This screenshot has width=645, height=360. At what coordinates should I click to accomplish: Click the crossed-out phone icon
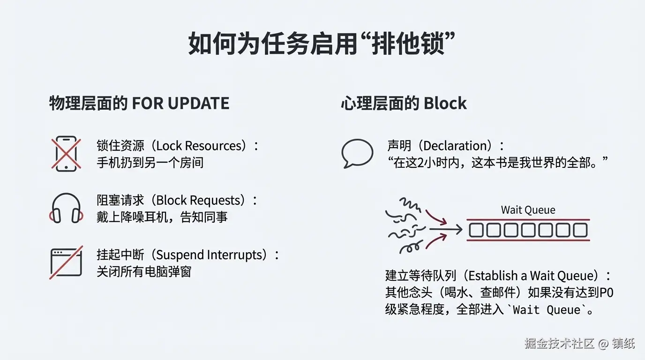pyautogui.click(x=66, y=153)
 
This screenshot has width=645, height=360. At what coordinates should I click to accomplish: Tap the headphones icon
pyautogui.click(x=66, y=208)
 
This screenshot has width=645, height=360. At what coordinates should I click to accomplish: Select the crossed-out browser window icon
pyautogui.click(x=66, y=262)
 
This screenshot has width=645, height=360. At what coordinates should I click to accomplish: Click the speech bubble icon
pyautogui.click(x=357, y=153)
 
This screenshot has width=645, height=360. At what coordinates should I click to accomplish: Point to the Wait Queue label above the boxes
pyautogui.click(x=528, y=210)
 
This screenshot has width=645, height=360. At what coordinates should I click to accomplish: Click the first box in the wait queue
pyautogui.click(x=477, y=230)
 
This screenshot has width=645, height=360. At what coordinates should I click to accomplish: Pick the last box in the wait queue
pyautogui.click(x=580, y=230)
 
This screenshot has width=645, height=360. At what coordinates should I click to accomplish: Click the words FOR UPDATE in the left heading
pyautogui.click(x=180, y=103)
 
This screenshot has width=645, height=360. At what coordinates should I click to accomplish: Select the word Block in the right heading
pyautogui.click(x=445, y=103)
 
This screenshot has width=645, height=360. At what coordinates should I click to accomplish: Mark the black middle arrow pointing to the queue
pyautogui.click(x=445, y=230)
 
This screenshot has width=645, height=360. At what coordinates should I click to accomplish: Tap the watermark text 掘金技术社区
pyautogui.click(x=559, y=343)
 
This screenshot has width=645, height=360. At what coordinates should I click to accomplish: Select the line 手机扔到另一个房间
pyautogui.click(x=150, y=162)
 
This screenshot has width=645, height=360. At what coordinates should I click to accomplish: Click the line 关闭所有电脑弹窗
pyautogui.click(x=144, y=271)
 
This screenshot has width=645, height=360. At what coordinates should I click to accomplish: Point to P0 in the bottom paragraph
pyautogui.click(x=607, y=292)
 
